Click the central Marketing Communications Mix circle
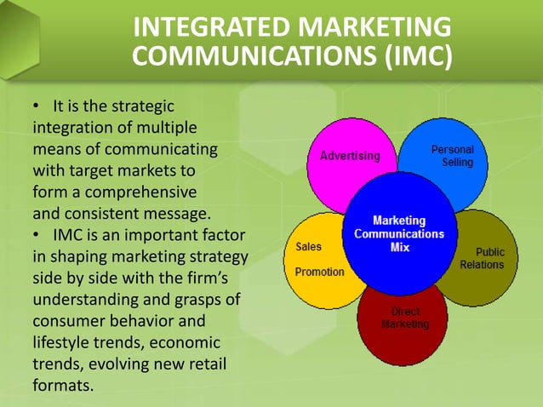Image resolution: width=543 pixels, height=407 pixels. pyautogui.click(x=397, y=234)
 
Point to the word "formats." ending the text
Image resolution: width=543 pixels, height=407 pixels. pyautogui.click(x=62, y=386)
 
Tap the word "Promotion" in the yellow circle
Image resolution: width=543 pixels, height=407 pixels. pyautogui.click(x=319, y=272)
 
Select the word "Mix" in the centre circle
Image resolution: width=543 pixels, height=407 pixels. pyautogui.click(x=399, y=247)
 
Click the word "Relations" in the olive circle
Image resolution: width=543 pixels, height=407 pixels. pyautogui.click(x=482, y=265)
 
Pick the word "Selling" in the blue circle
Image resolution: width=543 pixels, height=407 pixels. pyautogui.click(x=457, y=162)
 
